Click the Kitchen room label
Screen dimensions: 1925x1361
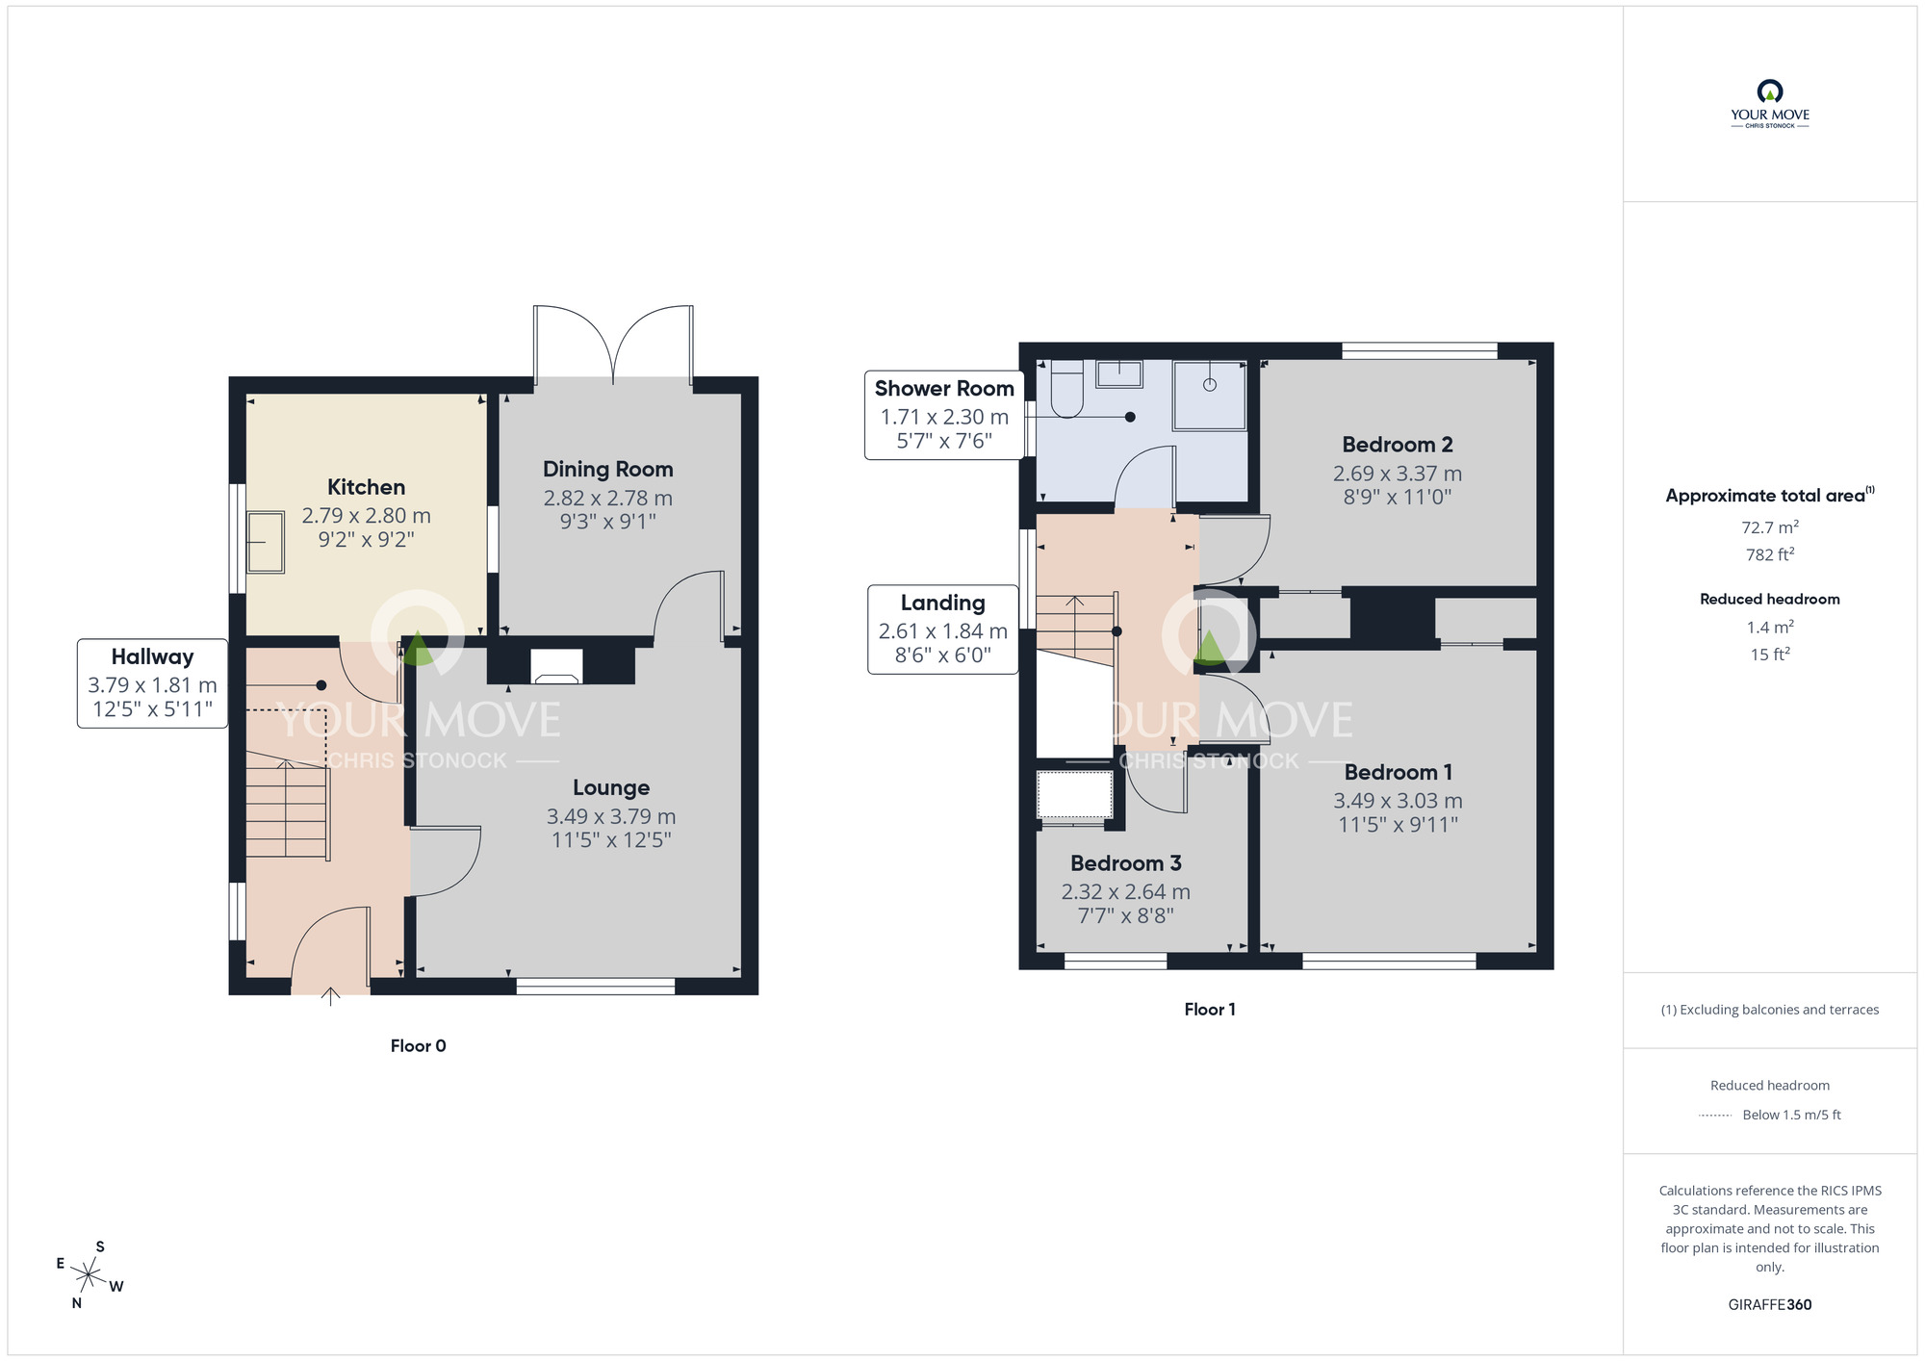click(x=366, y=487)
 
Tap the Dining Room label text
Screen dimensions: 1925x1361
click(x=607, y=470)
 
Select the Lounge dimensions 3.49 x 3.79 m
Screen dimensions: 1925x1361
click(x=611, y=816)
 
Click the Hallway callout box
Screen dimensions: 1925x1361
click(x=152, y=683)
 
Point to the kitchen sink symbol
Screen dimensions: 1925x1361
click(x=266, y=543)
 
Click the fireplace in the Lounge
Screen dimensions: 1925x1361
click(x=557, y=666)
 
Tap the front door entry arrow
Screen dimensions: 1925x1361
click(x=330, y=996)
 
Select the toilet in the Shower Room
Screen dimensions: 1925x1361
click(x=1066, y=389)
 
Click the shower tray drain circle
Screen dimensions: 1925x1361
click(x=1210, y=385)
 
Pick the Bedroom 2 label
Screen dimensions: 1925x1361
click(x=1398, y=445)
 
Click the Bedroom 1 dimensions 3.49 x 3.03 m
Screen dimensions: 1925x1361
click(x=1398, y=801)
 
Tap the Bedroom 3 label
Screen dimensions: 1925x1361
click(x=1125, y=863)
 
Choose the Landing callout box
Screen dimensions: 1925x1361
click(x=943, y=629)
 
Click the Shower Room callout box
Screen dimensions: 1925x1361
click(x=944, y=415)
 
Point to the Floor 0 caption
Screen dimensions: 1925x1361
click(x=418, y=1046)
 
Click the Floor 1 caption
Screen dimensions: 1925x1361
click(x=1210, y=1010)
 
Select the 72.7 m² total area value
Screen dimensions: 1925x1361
click(x=1770, y=527)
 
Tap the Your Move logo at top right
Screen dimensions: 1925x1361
click(x=1770, y=104)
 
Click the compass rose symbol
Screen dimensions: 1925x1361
click(x=89, y=1276)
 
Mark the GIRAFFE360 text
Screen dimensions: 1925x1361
click(x=1770, y=1305)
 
